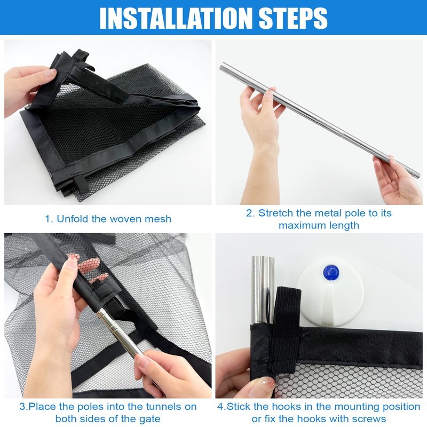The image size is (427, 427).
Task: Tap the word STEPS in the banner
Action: click(293, 18)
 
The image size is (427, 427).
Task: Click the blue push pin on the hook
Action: click(331, 272)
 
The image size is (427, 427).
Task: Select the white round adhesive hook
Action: click(330, 294)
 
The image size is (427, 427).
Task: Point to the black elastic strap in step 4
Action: click(284, 329)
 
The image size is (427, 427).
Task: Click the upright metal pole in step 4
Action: click(263, 290)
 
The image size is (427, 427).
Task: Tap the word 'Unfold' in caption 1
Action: click(73, 219)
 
